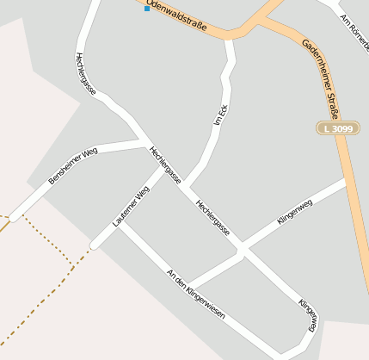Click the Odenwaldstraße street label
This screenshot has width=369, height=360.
(176, 16)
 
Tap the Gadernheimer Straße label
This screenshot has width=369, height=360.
(321, 78)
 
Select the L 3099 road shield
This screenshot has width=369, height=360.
(338, 128)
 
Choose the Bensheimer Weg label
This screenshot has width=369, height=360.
(74, 165)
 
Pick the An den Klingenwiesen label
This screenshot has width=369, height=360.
(195, 294)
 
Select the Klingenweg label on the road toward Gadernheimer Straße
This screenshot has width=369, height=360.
(295, 211)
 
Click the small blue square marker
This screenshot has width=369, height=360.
(147, 9)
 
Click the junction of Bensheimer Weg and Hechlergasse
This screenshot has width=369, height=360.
(145, 141)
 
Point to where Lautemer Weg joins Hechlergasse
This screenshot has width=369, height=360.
(162, 169)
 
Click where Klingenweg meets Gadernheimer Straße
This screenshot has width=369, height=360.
(346, 182)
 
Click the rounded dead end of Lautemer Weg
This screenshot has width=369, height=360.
(95, 244)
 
